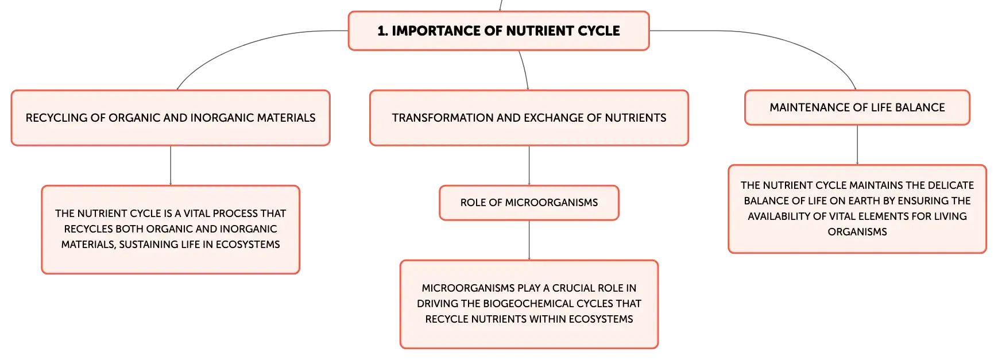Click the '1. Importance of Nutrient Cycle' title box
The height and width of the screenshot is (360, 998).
pos(498,31)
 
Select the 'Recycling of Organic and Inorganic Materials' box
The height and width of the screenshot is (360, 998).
pos(171,118)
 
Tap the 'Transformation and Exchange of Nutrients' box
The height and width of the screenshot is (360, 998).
pos(529,118)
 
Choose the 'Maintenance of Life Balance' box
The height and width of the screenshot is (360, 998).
pos(857,107)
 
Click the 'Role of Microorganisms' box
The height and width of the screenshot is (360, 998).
pos(529,203)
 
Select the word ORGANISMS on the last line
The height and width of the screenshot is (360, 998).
pos(857,232)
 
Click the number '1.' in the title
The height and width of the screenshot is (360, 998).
pos(382,31)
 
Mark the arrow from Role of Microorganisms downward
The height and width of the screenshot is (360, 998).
pos(529,240)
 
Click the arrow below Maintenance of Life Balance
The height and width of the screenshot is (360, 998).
pos(857,145)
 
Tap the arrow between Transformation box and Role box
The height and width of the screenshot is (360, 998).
pos(529,165)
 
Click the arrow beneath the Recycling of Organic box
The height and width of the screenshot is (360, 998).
pos(171,165)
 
